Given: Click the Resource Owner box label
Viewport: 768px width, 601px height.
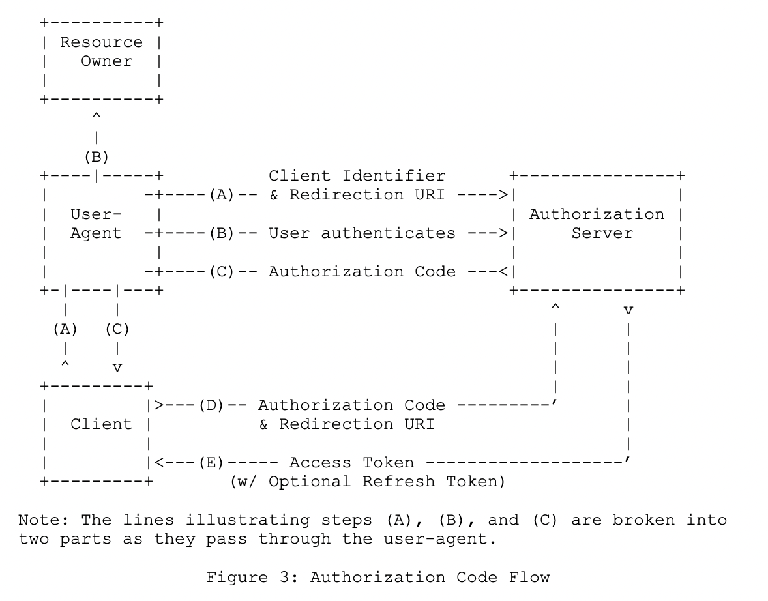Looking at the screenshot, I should pos(101,51).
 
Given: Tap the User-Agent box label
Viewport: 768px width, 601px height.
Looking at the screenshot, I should pos(96,224).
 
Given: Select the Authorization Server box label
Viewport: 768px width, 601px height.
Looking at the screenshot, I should pos(597,224).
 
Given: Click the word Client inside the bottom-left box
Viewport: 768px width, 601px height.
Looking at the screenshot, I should pos(101,424).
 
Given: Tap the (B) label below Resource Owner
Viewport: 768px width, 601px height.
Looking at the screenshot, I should pos(96,157).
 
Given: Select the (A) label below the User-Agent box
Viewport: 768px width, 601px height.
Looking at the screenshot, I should pos(65,329).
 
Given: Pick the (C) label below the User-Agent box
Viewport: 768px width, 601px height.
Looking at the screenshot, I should pos(117,329).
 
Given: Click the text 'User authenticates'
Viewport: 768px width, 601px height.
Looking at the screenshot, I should pos(362,233).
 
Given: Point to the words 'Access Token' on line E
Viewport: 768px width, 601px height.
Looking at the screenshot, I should pos(351,463).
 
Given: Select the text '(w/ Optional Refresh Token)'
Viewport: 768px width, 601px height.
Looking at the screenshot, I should pos(367,482).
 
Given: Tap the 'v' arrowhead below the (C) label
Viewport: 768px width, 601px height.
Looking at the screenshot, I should pos(117,368).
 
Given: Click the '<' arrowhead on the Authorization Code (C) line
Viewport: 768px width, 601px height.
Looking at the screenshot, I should pos(503,272).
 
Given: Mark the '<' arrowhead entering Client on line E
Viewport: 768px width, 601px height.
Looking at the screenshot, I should pos(158,463).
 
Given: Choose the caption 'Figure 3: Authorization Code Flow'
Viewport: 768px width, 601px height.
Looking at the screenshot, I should pos(377,578).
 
